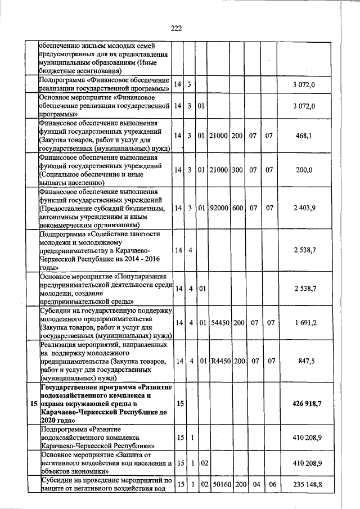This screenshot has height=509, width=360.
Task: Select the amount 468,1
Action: click(x=303, y=136)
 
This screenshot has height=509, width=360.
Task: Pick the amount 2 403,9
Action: click(x=304, y=208)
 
